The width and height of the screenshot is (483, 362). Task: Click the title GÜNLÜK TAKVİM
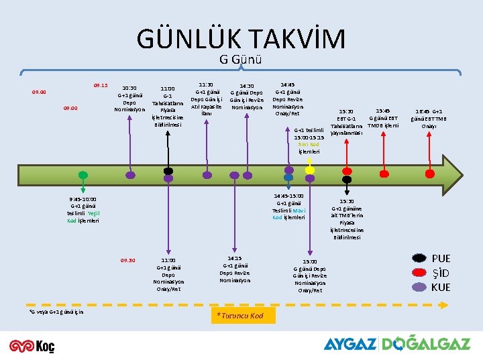click(x=241, y=39)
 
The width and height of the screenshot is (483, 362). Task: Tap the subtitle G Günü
click(x=240, y=59)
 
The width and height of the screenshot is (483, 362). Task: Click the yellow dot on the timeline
click(x=310, y=170)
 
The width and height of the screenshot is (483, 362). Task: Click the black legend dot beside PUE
click(x=420, y=259)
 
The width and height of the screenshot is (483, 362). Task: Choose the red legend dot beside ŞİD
click(x=420, y=273)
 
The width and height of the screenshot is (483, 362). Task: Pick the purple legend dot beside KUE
click(x=420, y=287)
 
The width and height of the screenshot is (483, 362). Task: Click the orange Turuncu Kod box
click(x=242, y=315)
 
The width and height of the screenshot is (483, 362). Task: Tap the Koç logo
click(x=32, y=345)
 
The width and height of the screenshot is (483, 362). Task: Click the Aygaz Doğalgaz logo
click(x=396, y=344)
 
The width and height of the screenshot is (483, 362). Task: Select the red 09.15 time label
click(x=101, y=85)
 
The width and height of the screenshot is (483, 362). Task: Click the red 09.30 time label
click(x=127, y=260)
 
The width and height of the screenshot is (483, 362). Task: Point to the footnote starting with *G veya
click(x=56, y=312)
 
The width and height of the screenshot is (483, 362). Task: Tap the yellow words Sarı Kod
click(x=308, y=144)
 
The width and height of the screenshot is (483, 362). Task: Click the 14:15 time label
click(x=234, y=257)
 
